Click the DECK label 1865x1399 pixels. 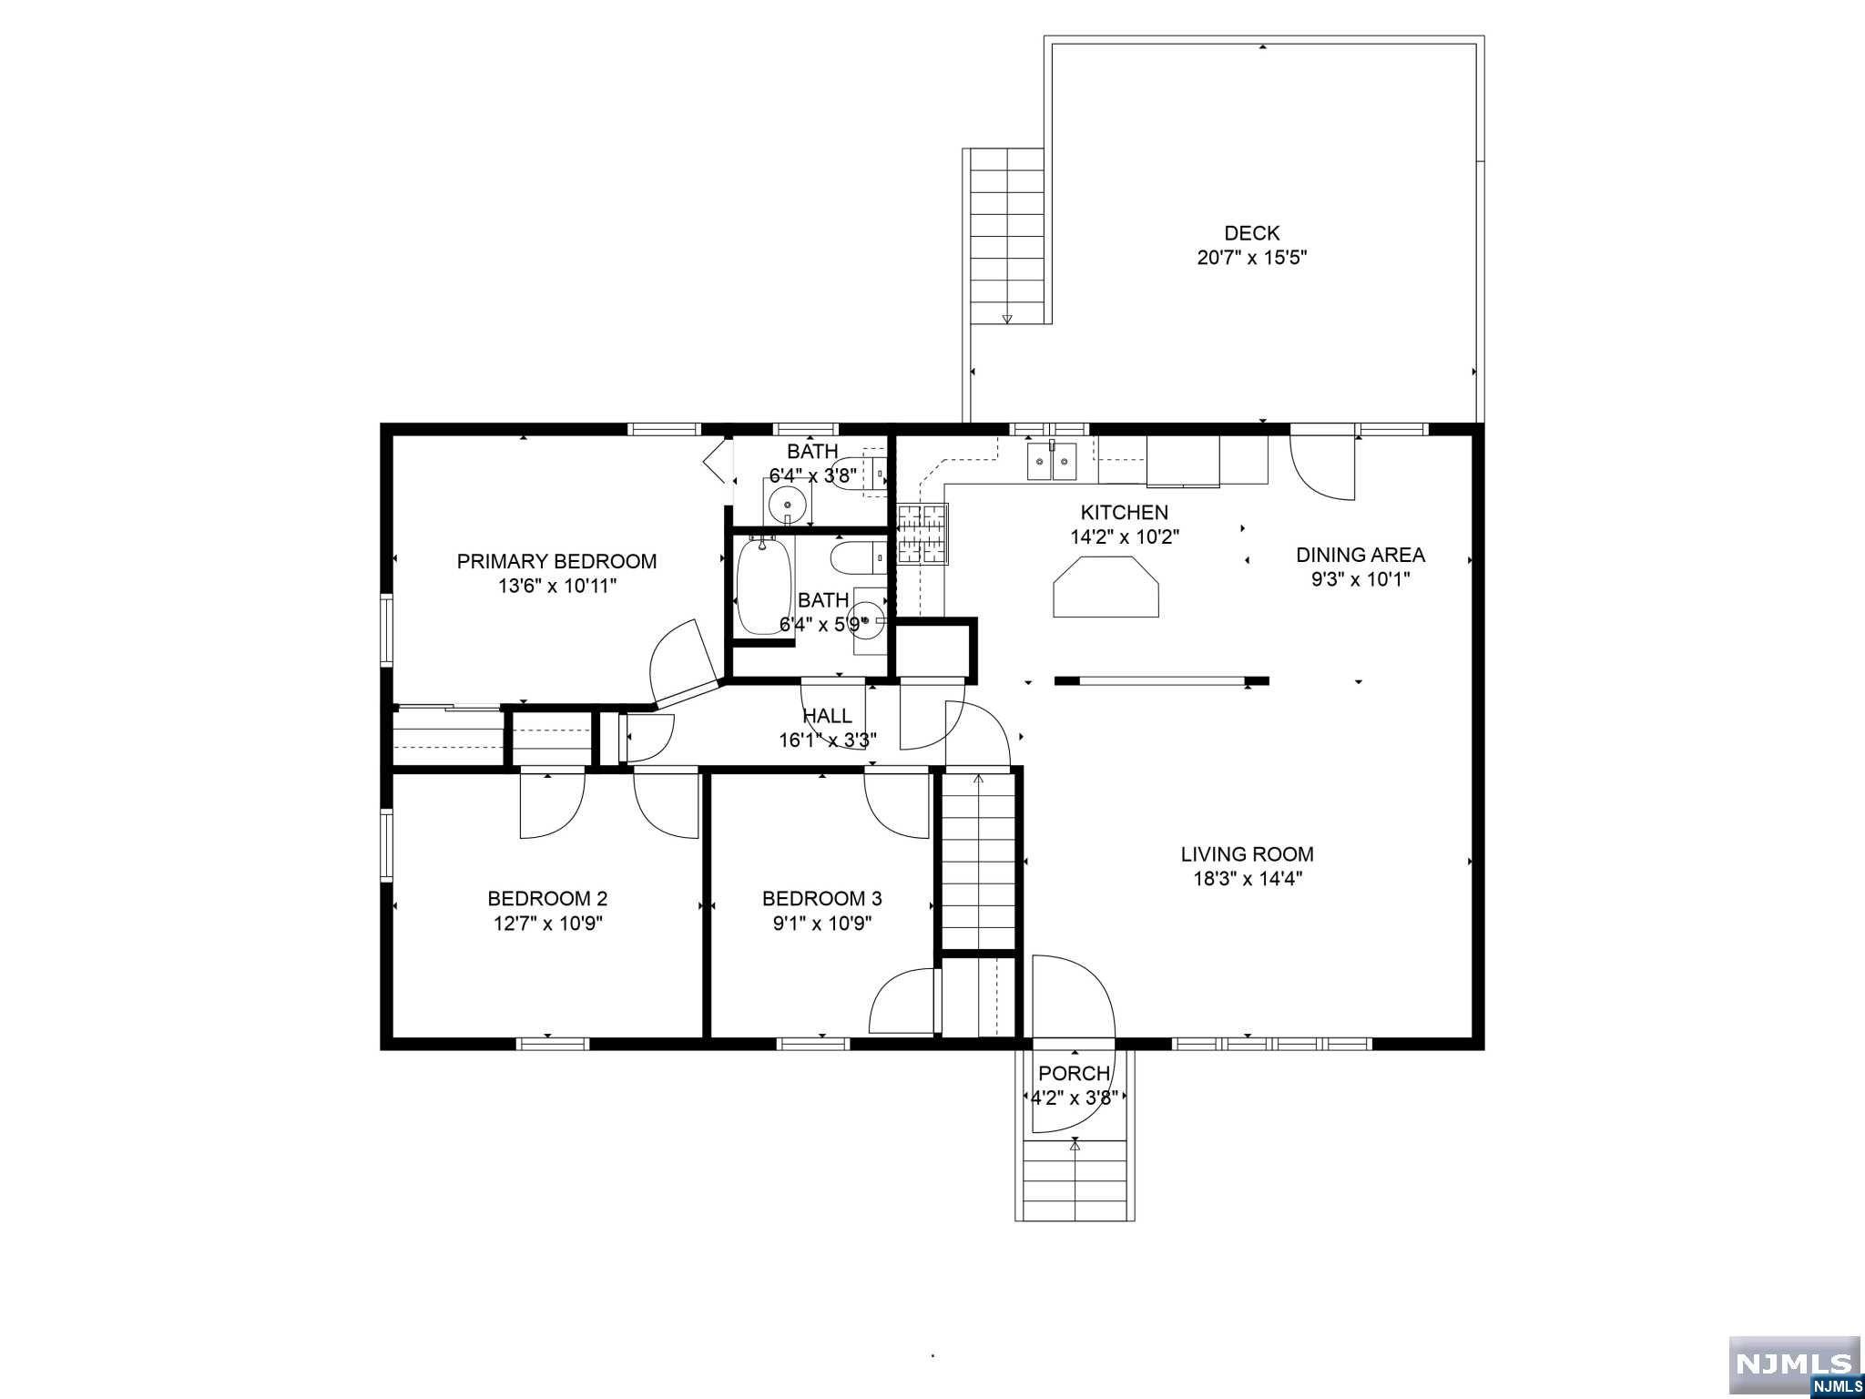1251,233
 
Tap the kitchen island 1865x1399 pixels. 1106,587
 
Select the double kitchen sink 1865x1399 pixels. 1053,461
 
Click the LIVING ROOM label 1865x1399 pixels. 1247,854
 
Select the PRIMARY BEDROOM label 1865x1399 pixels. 556,561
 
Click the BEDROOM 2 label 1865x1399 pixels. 547,899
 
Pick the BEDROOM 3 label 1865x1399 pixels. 821,899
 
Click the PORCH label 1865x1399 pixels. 1075,1074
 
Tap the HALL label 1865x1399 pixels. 827,716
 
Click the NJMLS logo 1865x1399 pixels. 1794,1363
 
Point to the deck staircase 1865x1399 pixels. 1007,236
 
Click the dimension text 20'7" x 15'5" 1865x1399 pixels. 1251,258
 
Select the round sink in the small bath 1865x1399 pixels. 785,502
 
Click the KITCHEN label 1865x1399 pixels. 1125,513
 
